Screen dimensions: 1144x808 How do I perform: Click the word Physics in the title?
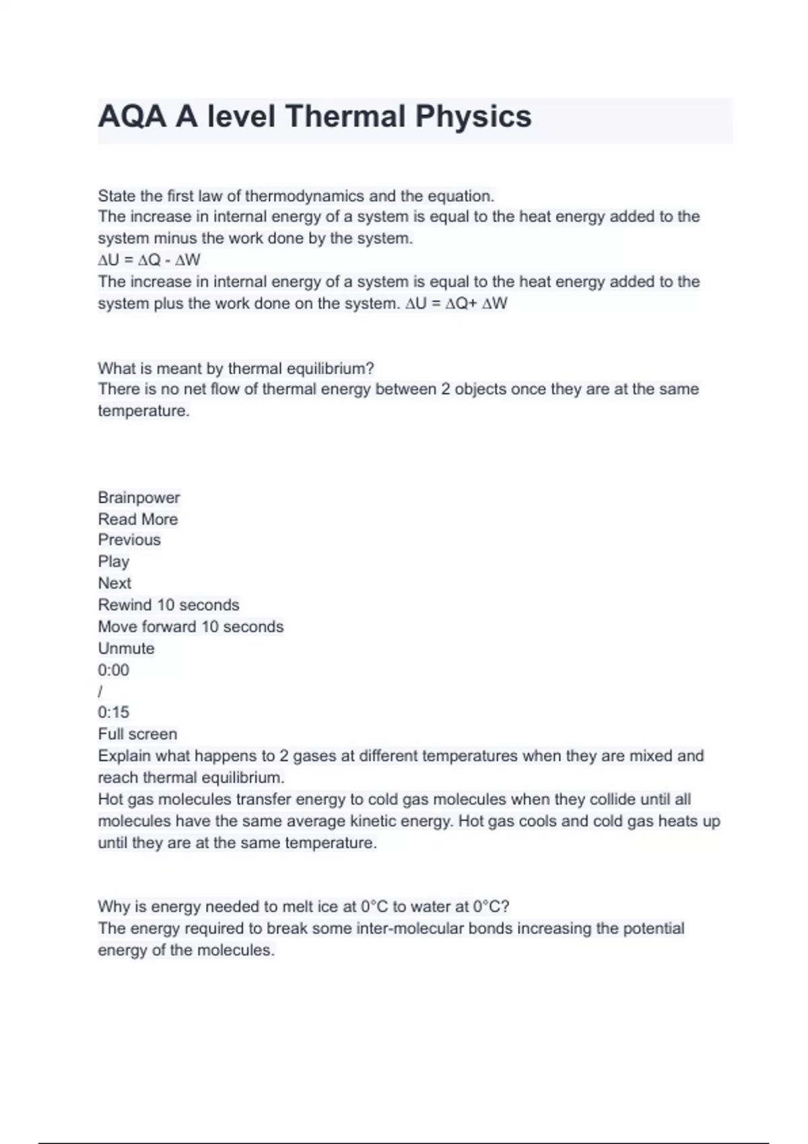pyautogui.click(x=473, y=116)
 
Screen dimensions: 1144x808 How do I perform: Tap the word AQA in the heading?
pyautogui.click(x=132, y=116)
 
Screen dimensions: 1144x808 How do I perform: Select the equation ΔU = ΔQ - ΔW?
pyautogui.click(x=149, y=260)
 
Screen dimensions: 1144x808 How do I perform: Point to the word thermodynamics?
pyautogui.click(x=304, y=196)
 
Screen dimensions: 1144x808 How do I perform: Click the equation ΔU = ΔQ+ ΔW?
pyautogui.click(x=457, y=303)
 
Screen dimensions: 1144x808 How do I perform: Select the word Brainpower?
pyautogui.click(x=139, y=497)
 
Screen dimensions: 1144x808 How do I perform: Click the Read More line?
pyautogui.click(x=138, y=519)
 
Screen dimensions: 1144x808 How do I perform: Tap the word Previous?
pyautogui.click(x=129, y=540)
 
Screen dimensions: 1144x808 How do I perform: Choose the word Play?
pyautogui.click(x=113, y=561)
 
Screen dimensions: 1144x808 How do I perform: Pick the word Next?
pyautogui.click(x=114, y=583)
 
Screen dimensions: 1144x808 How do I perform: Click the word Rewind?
pyautogui.click(x=125, y=604)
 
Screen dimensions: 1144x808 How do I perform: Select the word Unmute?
pyautogui.click(x=126, y=648)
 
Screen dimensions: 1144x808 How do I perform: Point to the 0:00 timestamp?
pyautogui.click(x=113, y=670)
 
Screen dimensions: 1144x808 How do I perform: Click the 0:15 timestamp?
pyautogui.click(x=113, y=712)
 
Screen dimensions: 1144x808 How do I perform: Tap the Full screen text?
pyautogui.click(x=137, y=734)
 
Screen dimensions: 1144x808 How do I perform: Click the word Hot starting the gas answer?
pyautogui.click(x=110, y=799)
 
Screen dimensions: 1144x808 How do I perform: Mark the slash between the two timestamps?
pyautogui.click(x=100, y=691)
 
